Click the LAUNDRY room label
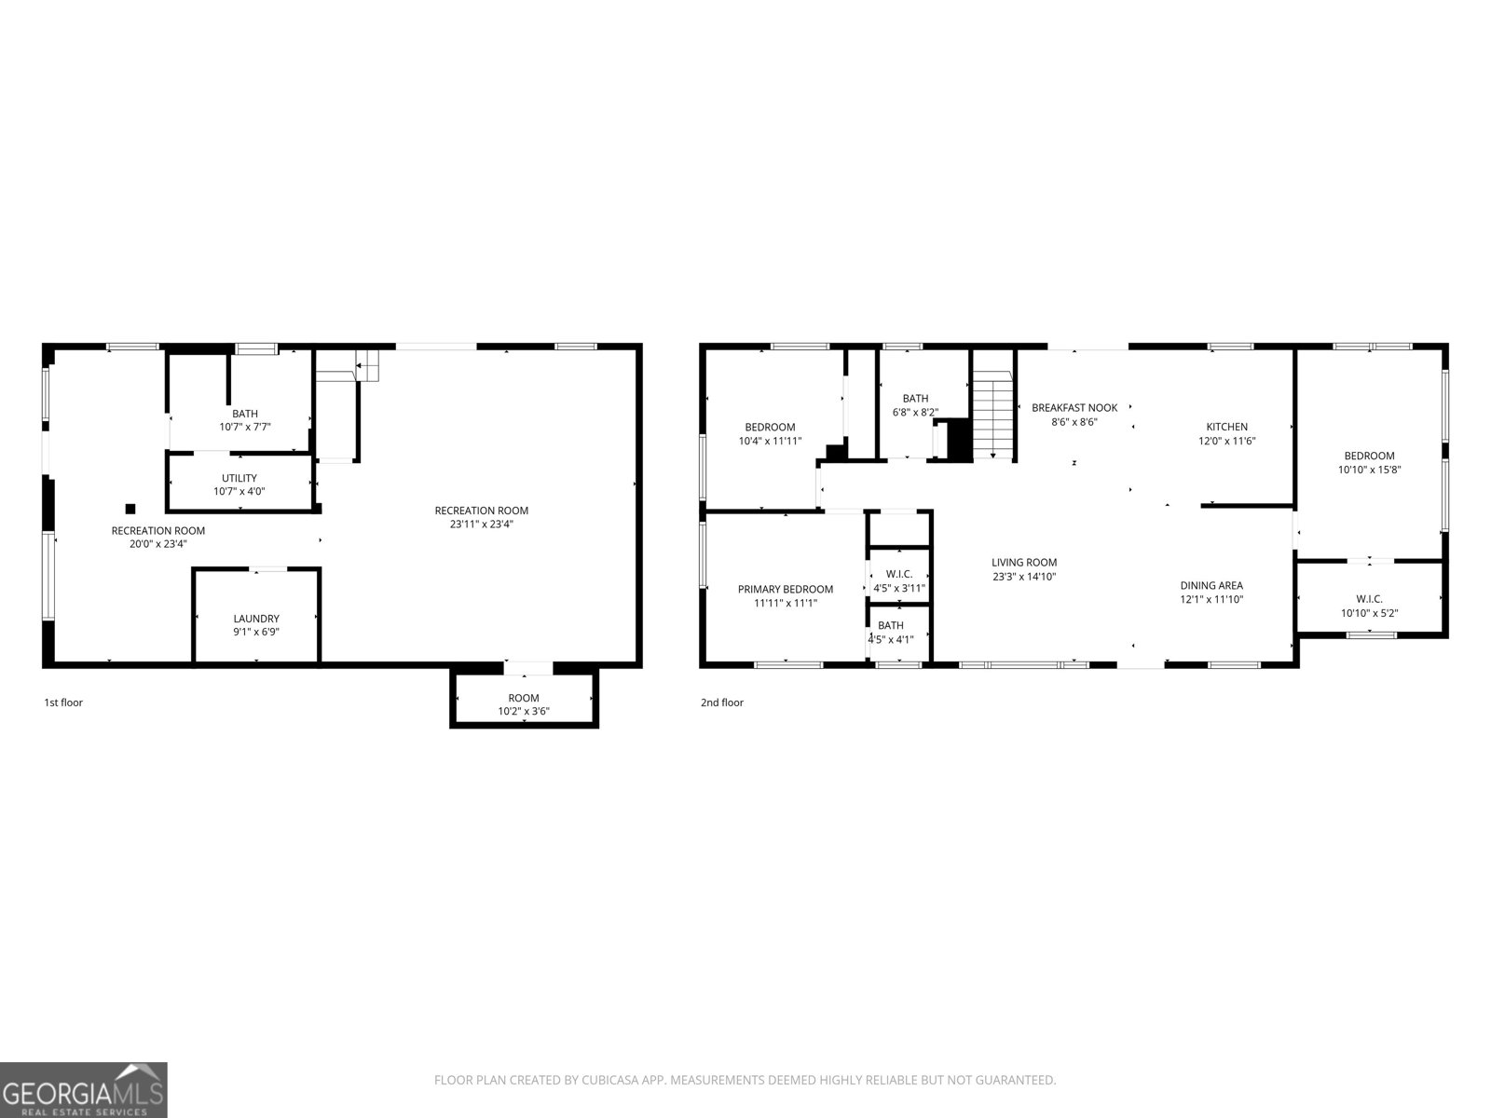[x=255, y=619]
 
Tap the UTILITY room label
[x=239, y=478]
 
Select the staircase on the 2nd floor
[x=993, y=414]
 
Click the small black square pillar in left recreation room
[x=130, y=509]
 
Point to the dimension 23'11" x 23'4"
[x=481, y=525]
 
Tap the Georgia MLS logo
[x=84, y=1089]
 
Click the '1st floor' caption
[x=63, y=702]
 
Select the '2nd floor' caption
[x=722, y=702]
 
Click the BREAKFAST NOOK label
[x=1074, y=408]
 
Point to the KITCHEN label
[x=1226, y=427]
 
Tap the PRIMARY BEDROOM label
[x=785, y=589]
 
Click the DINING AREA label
[x=1211, y=586]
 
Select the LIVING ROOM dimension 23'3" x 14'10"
[x=1023, y=577]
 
